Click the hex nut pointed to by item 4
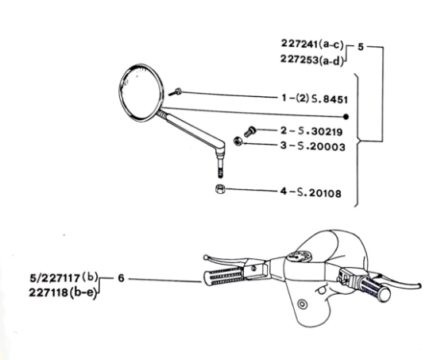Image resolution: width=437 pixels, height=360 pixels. pos(219,188)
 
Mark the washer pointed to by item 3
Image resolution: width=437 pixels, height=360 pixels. pos(238,142)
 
